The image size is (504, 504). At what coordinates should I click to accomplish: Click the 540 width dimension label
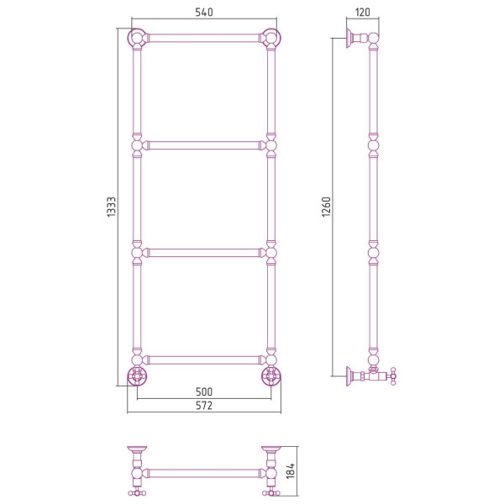point(204,12)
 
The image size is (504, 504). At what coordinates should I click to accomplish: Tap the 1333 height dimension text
point(111,207)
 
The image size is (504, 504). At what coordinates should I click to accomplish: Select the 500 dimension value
point(204,391)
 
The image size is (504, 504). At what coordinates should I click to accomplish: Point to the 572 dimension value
point(204,406)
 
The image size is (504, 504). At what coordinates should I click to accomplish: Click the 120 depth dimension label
point(363,13)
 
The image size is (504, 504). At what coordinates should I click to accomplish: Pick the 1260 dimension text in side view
point(326,207)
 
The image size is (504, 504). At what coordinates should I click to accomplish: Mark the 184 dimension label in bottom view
point(291,471)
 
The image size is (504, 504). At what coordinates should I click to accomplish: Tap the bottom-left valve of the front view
point(137,375)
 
